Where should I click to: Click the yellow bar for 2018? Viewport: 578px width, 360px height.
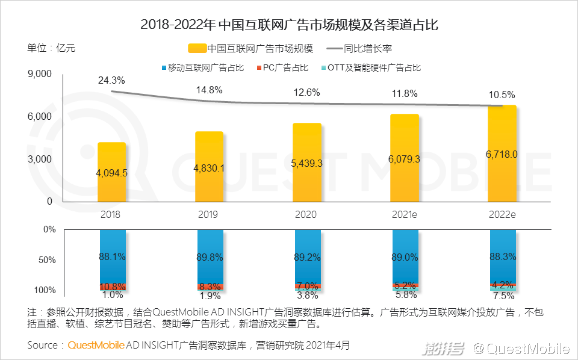point(111,175)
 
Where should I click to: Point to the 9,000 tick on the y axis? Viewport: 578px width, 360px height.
point(40,73)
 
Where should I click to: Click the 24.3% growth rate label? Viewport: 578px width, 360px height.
point(111,80)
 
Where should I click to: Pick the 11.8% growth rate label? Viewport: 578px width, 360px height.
point(405,93)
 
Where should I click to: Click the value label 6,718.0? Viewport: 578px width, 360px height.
point(502,154)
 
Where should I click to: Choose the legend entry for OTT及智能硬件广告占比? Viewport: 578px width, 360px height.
point(377,67)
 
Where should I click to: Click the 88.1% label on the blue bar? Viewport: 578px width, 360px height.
point(112,256)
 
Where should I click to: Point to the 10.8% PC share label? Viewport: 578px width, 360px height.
point(112,287)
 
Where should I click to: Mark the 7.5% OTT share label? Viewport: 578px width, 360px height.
point(503,296)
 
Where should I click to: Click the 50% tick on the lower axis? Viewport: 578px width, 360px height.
point(46,260)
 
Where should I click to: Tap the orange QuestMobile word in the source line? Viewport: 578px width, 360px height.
point(96,346)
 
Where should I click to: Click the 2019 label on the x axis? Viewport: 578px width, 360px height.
point(209,214)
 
